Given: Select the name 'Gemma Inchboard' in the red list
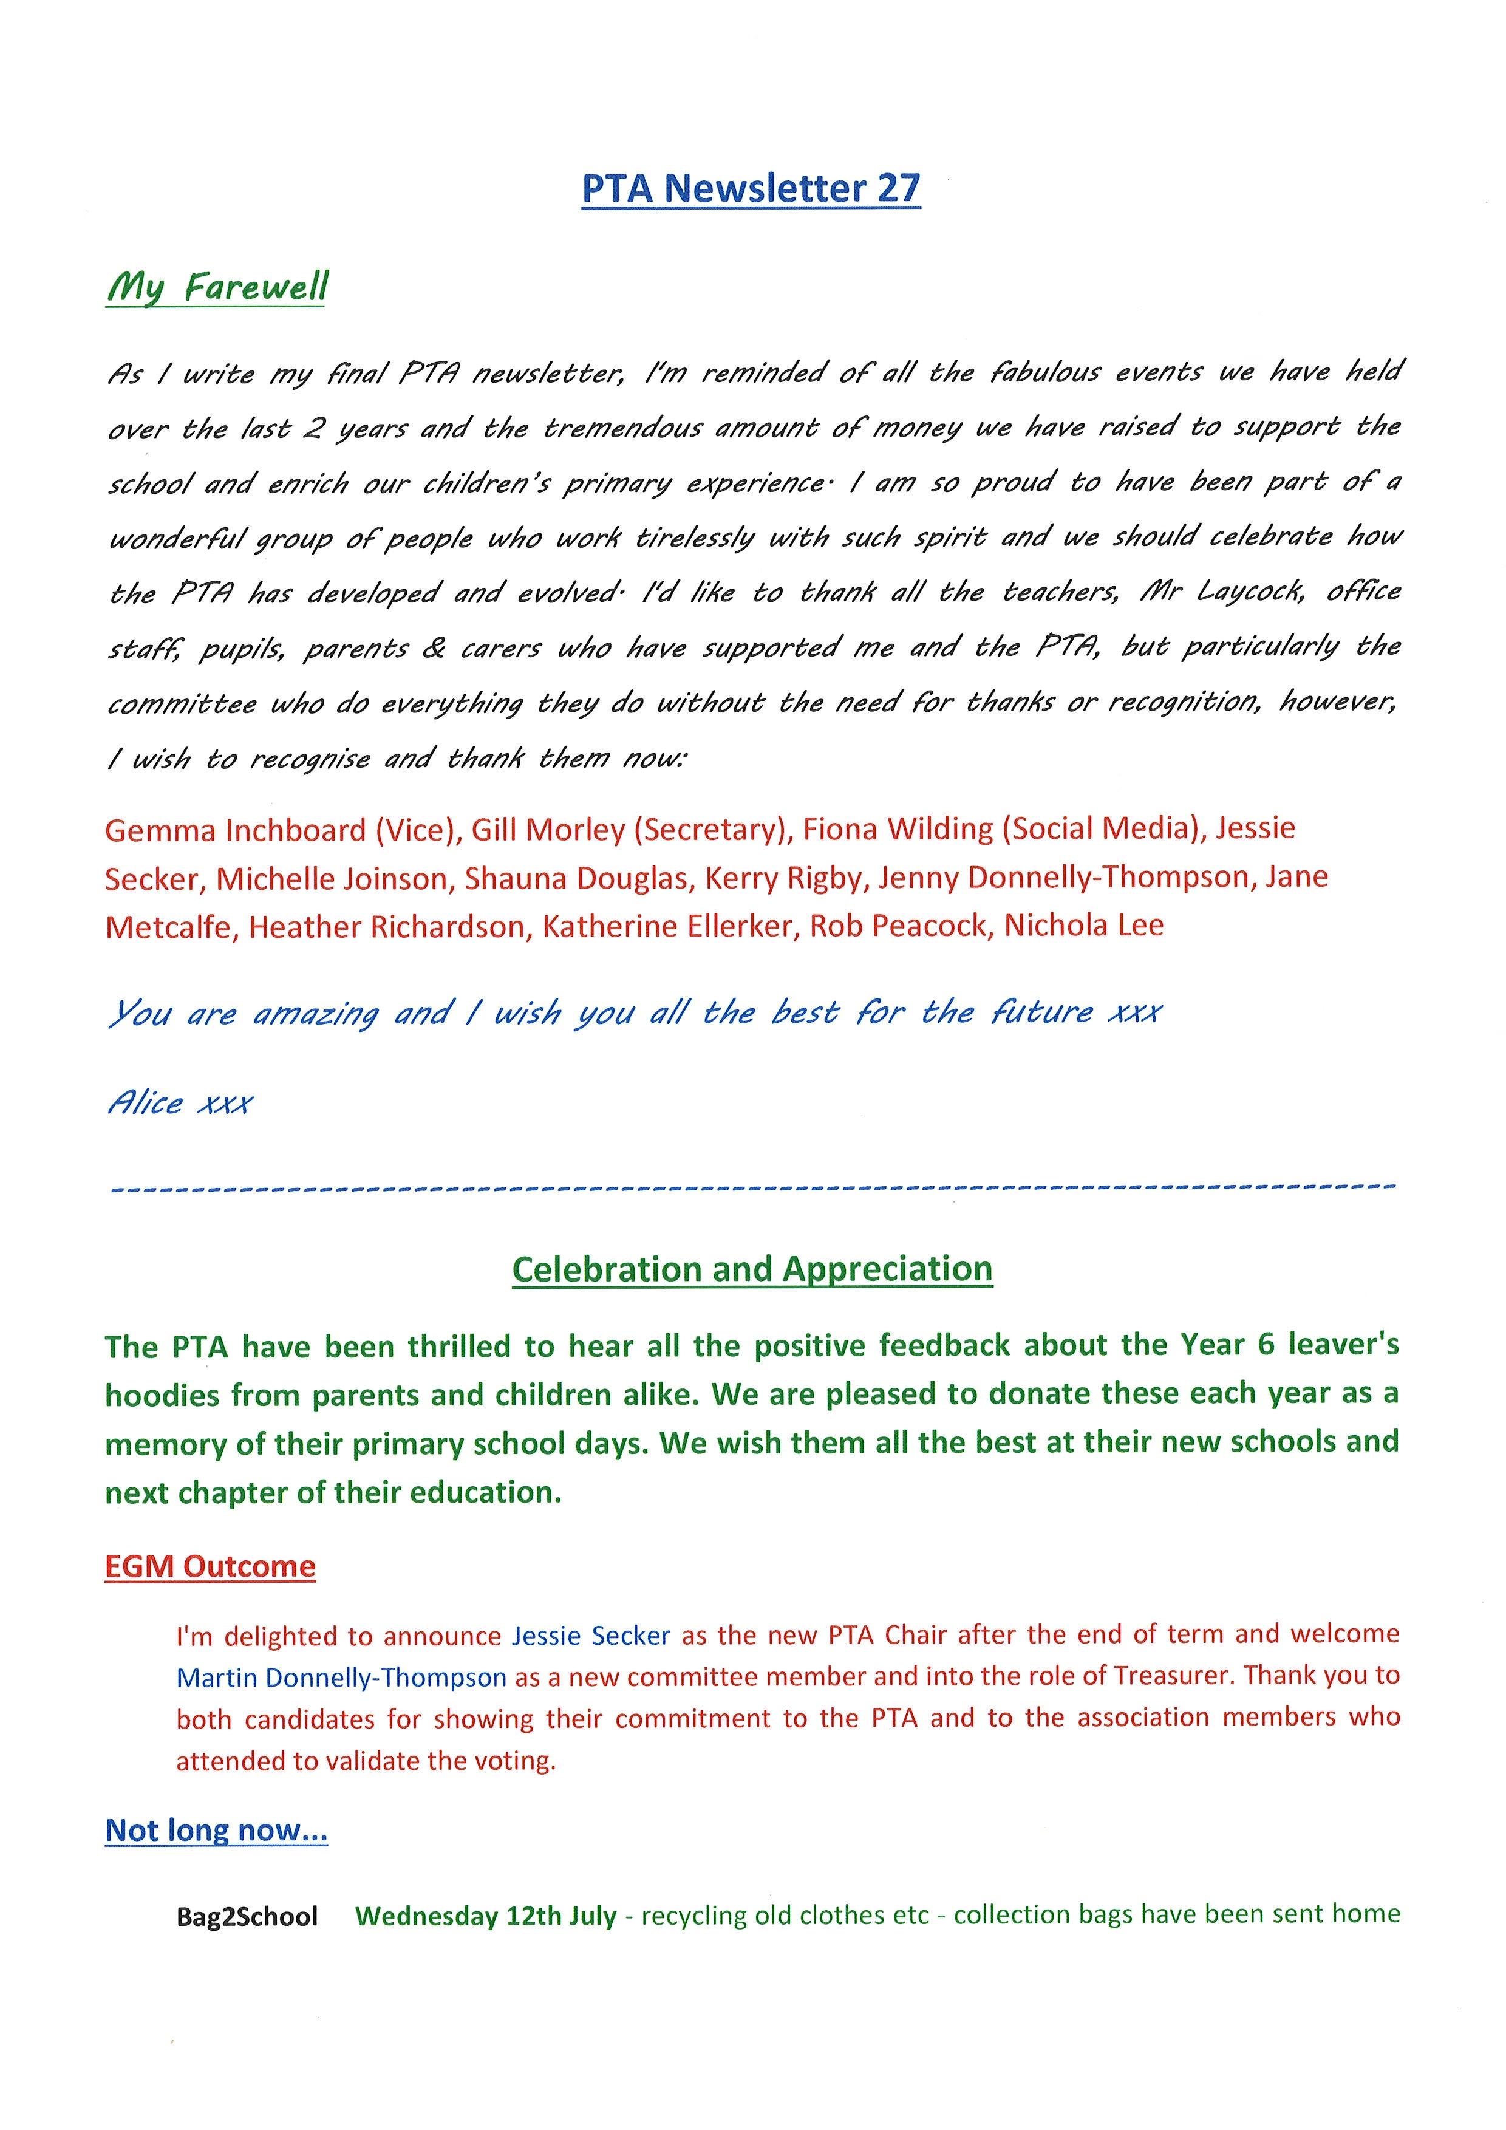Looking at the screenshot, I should pos(236,830).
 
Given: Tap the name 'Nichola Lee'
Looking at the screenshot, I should pos(1083,925).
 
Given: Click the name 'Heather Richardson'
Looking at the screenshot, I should pos(386,927).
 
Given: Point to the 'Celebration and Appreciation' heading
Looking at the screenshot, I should pos(752,1269).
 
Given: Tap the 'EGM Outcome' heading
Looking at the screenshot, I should pos(211,1567).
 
